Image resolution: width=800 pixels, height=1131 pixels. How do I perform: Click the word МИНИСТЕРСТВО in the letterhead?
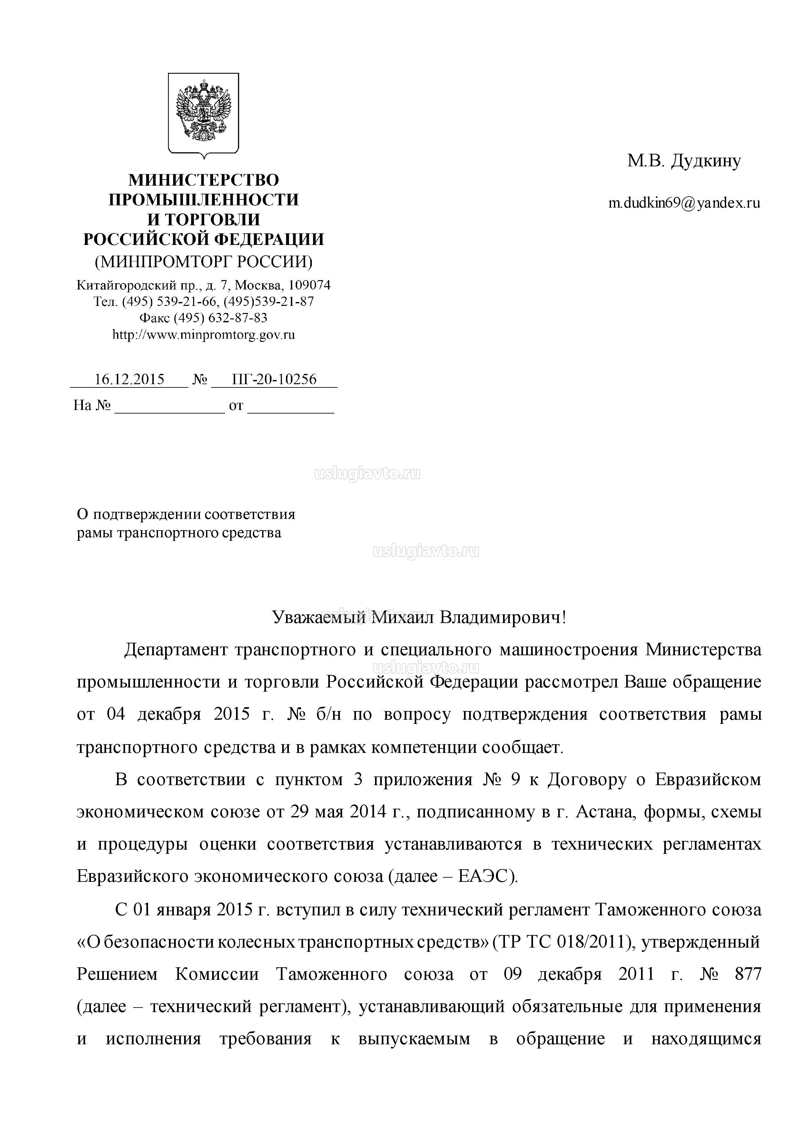click(203, 180)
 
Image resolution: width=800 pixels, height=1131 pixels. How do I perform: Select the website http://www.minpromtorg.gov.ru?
click(203, 335)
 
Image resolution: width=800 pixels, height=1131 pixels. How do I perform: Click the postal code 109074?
click(309, 285)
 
